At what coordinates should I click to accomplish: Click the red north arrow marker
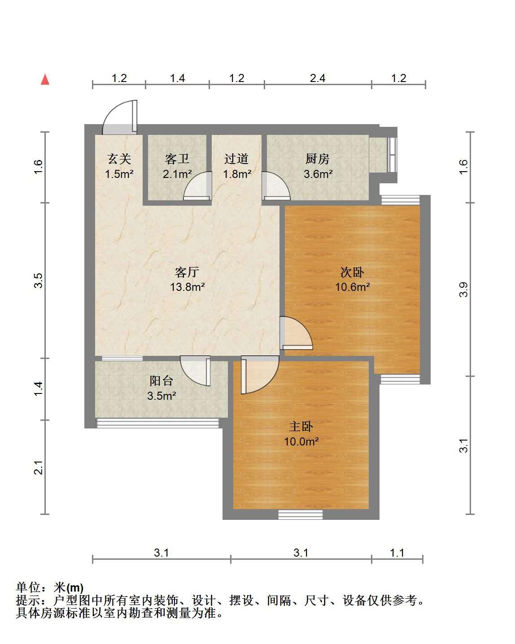click(45, 79)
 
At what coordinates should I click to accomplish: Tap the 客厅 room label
click(187, 272)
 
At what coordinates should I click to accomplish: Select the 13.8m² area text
click(188, 287)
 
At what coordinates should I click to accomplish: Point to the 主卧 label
click(301, 427)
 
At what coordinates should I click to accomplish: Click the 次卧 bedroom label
click(352, 272)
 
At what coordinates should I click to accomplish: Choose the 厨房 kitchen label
click(318, 159)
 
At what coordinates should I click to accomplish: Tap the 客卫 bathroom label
click(177, 159)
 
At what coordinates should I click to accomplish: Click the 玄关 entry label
click(119, 159)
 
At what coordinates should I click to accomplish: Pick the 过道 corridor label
click(237, 159)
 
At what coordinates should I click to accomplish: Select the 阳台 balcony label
click(161, 380)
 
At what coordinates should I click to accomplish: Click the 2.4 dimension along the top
click(318, 78)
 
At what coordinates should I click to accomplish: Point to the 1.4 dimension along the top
click(177, 78)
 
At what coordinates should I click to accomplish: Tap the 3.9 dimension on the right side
click(463, 289)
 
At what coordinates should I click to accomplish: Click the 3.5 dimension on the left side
click(38, 281)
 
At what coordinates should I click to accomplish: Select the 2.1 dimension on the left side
click(38, 467)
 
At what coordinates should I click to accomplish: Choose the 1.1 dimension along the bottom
click(397, 553)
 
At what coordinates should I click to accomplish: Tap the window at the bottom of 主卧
click(301, 514)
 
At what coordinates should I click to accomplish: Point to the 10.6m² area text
click(353, 287)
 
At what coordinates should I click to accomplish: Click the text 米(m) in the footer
click(69, 588)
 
